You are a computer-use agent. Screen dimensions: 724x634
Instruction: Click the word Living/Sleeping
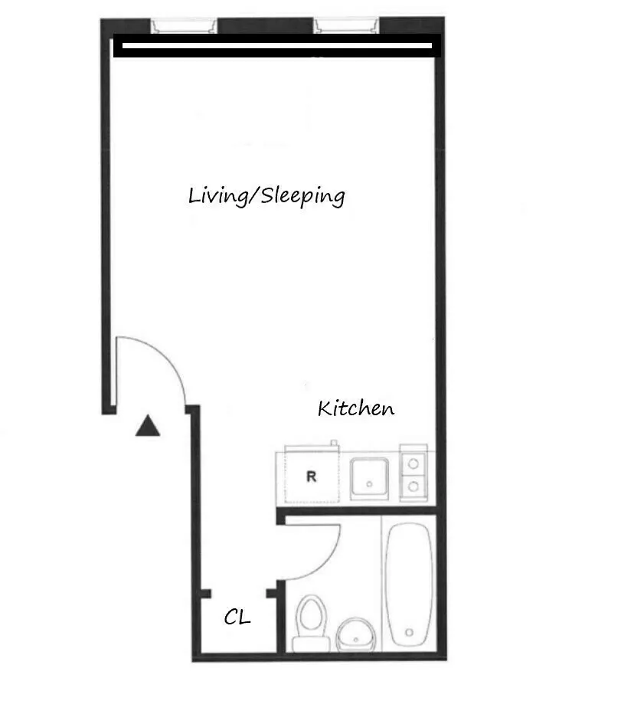pyautogui.click(x=266, y=196)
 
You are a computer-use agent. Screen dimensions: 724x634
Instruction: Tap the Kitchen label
pyautogui.click(x=356, y=408)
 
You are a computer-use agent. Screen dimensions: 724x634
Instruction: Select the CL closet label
pyautogui.click(x=237, y=617)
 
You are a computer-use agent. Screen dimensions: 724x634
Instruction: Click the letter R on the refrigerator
pyautogui.click(x=311, y=476)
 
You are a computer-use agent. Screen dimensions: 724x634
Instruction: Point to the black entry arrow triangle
pyautogui.click(x=148, y=427)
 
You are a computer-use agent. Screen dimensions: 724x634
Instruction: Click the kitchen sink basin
pyautogui.click(x=371, y=478)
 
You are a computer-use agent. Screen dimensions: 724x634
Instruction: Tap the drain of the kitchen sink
pyautogui.click(x=371, y=484)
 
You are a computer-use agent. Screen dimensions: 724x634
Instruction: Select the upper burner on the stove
pyautogui.click(x=413, y=463)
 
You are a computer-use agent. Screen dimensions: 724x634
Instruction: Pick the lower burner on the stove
pyautogui.click(x=413, y=486)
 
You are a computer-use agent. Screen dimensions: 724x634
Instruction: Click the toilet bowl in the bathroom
pyautogui.click(x=310, y=614)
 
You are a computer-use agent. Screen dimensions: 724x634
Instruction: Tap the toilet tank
pyautogui.click(x=309, y=642)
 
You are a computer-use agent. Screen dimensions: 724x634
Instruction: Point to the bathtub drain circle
pyautogui.click(x=410, y=633)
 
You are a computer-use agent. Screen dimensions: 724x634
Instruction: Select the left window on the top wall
pyautogui.click(x=184, y=26)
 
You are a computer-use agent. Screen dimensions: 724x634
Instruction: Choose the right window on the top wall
pyautogui.click(x=348, y=26)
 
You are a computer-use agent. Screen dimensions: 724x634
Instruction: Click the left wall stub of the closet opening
pyautogui.click(x=204, y=594)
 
